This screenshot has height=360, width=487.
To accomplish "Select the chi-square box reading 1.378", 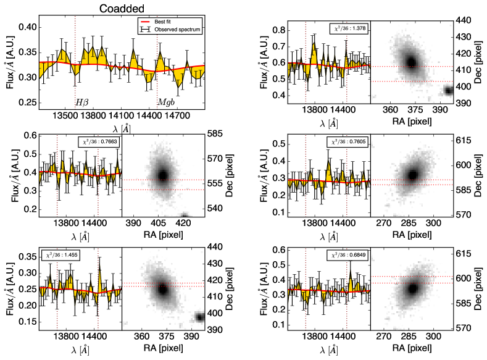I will (x=347, y=29).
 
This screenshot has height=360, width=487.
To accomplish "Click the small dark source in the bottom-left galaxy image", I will (x=199, y=317).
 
